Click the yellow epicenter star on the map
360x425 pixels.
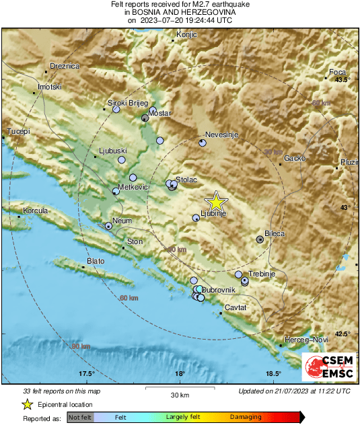coord(216,202)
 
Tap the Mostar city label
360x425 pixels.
coord(159,114)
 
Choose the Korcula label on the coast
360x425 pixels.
coord(36,211)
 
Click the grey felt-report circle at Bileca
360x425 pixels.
coord(260,239)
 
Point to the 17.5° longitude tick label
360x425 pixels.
coord(85,374)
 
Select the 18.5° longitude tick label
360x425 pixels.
coord(273,374)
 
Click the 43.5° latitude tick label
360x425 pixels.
coord(343,81)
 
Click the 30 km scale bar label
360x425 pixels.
coord(179,394)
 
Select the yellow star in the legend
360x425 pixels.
coord(27,404)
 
